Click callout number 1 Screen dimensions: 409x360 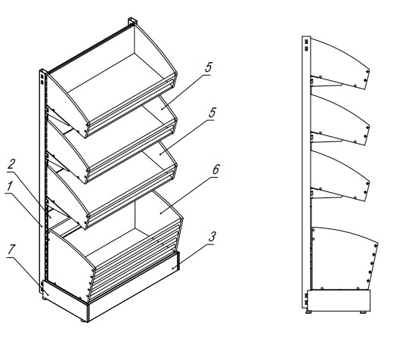pyautogui.click(x=10, y=187)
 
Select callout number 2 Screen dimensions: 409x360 pyautogui.click(x=11, y=164)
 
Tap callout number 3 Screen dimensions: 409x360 pyautogui.click(x=212, y=237)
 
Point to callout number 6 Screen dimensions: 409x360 pyautogui.click(x=216, y=169)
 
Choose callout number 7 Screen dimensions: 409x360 pyautogui.click(x=10, y=250)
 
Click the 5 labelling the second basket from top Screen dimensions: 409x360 pyautogui.click(x=209, y=67)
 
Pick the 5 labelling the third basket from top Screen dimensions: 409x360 pyautogui.click(x=212, y=113)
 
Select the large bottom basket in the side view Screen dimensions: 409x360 pyautogui.click(x=345, y=258)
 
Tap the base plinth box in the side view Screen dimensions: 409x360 pyautogui.click(x=339, y=300)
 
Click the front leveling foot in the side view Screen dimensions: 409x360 pyautogui.click(x=363, y=312)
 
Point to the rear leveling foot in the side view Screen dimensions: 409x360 pyautogui.click(x=308, y=312)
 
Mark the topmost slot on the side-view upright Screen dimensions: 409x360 pyautogui.click(x=306, y=42)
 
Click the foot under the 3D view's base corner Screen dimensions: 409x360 pyautogui.click(x=83, y=321)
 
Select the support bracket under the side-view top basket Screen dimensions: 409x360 pyautogui.click(x=326, y=82)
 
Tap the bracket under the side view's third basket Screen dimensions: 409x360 pyautogui.click(x=326, y=194)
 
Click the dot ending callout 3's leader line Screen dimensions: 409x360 pyautogui.click(x=173, y=268)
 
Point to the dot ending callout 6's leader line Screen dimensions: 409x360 pyautogui.click(x=161, y=213)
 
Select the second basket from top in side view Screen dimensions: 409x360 pyautogui.click(x=340, y=119)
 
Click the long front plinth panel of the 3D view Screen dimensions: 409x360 pyautogui.click(x=133, y=295)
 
